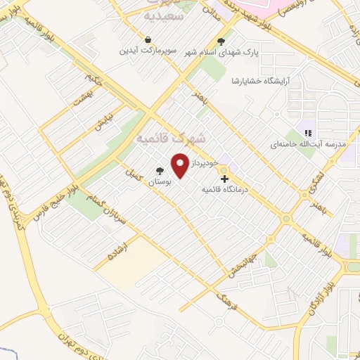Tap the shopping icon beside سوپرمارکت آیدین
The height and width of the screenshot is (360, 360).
pyautogui.click(x=148, y=40)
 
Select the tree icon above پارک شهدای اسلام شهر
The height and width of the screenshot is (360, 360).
pyautogui.click(x=221, y=41)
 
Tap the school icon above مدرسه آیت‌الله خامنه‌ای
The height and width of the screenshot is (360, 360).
pyautogui.click(x=307, y=132)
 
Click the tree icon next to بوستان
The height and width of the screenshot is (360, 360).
pyautogui.click(x=160, y=171)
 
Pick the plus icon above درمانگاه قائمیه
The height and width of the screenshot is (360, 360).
pyautogui.click(x=224, y=179)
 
